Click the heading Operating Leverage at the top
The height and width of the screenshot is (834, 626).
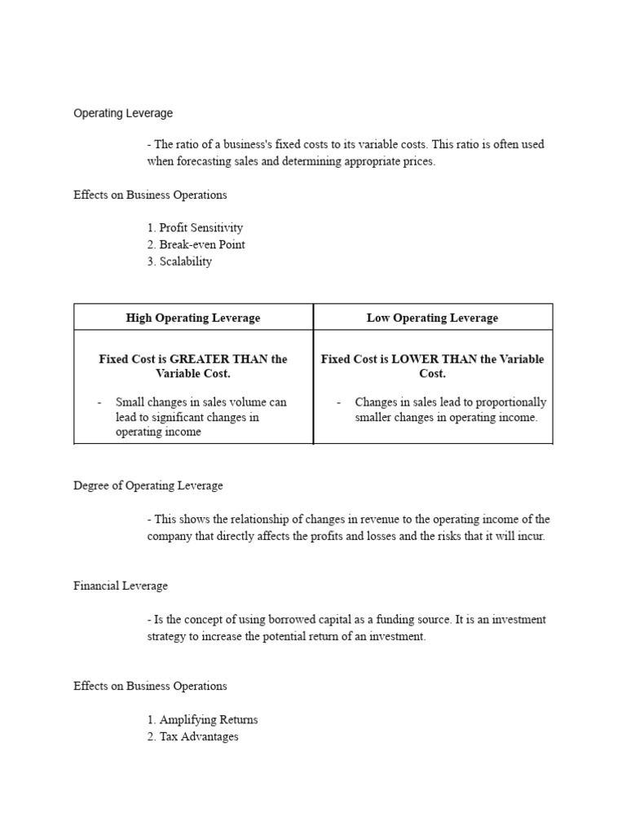coord(123,113)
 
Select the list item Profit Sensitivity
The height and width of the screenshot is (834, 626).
coord(201,228)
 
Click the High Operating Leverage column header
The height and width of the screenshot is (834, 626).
coord(193,318)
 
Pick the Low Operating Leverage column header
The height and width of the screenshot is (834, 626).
coord(432,318)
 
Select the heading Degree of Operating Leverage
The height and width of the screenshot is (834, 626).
coord(148,485)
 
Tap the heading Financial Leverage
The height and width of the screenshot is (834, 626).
coord(121,586)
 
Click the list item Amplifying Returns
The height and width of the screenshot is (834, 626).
coord(208,720)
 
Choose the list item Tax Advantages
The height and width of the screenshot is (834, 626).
coord(199,736)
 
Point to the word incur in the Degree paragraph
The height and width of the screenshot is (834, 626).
coord(530,537)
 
